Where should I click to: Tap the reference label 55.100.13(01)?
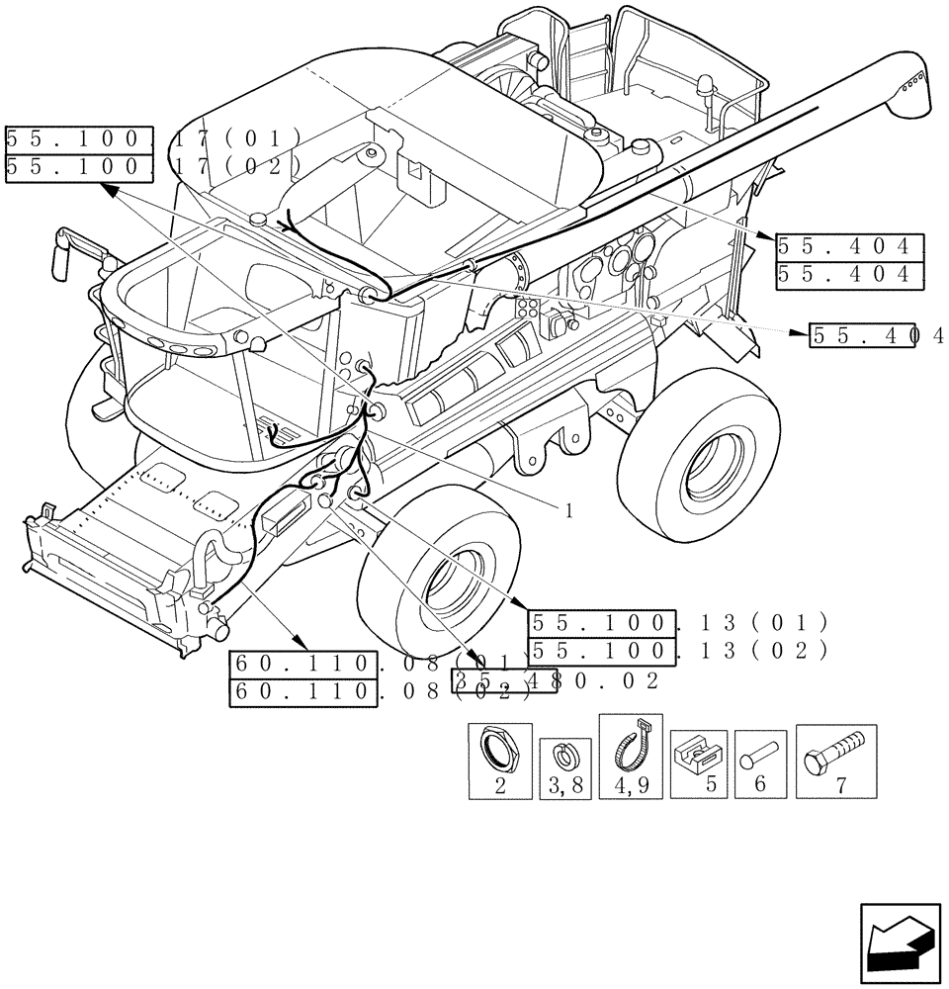678,623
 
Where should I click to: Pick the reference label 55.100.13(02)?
678,651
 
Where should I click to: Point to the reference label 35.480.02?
554,680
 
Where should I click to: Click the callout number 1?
568,510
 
